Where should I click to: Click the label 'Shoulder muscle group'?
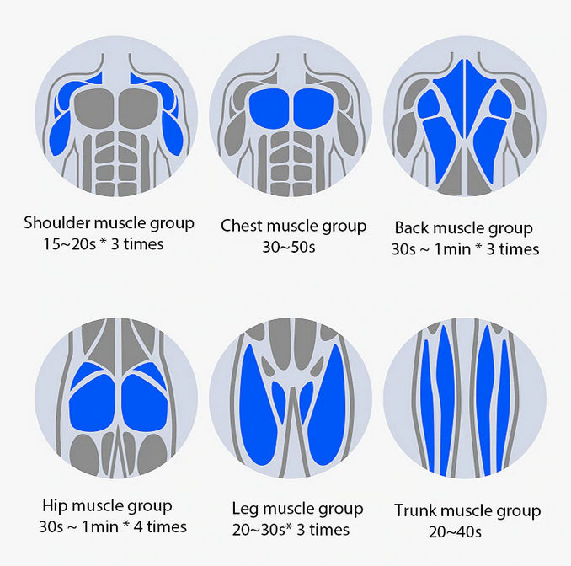point(109,223)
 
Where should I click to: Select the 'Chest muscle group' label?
point(293,226)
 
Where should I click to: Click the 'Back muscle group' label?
point(463,227)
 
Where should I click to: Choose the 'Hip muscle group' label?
point(107,506)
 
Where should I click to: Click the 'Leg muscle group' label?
point(297,509)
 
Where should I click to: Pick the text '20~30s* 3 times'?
point(291,530)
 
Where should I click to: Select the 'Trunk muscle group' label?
point(467,510)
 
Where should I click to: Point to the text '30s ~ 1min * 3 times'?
point(466,249)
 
